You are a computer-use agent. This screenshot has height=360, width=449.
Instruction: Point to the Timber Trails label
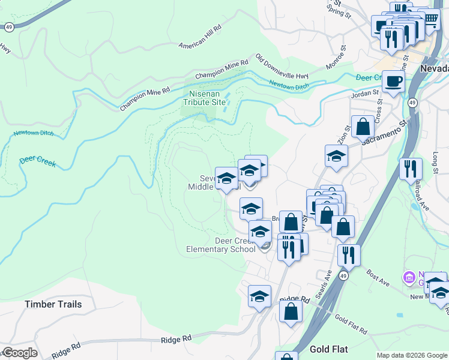point(53,304)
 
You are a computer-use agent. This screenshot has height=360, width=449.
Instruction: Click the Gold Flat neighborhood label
point(329,349)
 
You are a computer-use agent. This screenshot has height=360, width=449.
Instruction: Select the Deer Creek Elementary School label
point(220,245)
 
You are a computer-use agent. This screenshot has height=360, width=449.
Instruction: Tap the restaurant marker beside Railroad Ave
point(411,167)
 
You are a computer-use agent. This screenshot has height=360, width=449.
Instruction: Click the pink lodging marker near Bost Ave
point(410,277)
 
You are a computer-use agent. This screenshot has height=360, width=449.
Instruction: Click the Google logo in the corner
point(20,353)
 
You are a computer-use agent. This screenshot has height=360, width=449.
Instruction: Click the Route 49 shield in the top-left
point(9,26)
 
